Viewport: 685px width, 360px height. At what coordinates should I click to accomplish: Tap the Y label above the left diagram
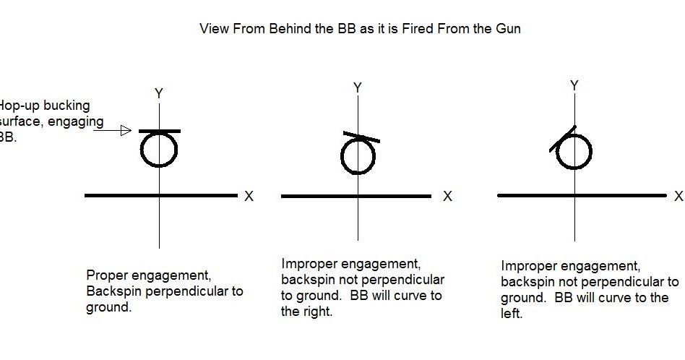pos(159,93)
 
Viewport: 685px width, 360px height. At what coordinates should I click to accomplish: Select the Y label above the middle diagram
pos(358,88)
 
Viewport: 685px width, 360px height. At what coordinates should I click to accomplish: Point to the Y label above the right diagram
pos(574,86)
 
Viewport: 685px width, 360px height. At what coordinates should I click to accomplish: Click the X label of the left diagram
pos(249,196)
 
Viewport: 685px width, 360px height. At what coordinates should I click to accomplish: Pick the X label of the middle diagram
pos(447,196)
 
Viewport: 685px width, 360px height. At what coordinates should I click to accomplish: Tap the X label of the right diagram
pos(678,196)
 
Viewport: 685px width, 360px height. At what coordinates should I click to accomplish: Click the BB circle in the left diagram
pos(159,150)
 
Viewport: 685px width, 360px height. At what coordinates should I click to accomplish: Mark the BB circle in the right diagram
pos(574,152)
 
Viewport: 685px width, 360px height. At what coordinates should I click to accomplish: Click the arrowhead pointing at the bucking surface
pos(125,131)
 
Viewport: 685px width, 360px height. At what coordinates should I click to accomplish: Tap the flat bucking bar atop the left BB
pos(159,131)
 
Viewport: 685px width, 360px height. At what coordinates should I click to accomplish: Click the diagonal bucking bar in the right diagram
pos(563,139)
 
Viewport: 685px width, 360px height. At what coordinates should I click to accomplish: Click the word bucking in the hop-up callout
pos(67,106)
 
